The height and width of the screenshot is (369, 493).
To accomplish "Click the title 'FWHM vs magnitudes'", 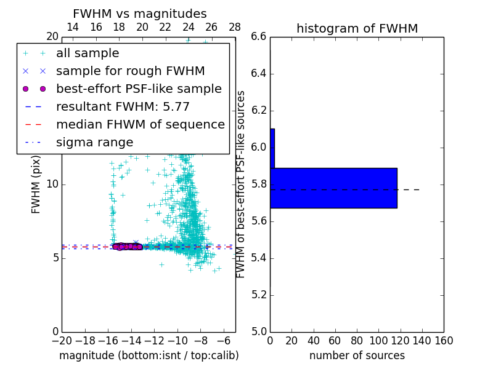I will point(140,14).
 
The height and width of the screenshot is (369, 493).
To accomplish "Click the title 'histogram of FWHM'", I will point(357,28).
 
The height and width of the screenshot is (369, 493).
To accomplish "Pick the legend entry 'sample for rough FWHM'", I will point(130,71).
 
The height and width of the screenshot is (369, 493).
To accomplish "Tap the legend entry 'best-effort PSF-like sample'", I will point(139,89).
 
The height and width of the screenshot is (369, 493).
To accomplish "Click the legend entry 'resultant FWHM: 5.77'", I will point(123,107).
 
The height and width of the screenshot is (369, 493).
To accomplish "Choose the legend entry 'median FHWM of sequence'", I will point(140,125).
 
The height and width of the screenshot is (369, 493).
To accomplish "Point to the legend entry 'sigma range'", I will point(94,143).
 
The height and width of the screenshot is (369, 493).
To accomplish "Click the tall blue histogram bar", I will point(333,188).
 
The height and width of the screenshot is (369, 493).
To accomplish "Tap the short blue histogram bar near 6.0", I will point(272,148).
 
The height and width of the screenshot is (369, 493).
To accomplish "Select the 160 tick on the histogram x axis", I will point(444,341).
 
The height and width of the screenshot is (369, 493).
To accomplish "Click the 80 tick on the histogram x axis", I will point(357,341).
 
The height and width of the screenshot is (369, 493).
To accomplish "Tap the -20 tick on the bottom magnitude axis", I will point(62,341).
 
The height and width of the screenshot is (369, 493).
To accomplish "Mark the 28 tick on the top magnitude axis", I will point(235,27).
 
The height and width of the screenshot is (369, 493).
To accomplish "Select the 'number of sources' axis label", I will point(357,355).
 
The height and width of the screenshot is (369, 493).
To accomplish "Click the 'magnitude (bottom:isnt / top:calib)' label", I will point(149,355).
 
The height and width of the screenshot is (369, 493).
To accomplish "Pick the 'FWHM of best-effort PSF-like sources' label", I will point(241,184).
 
